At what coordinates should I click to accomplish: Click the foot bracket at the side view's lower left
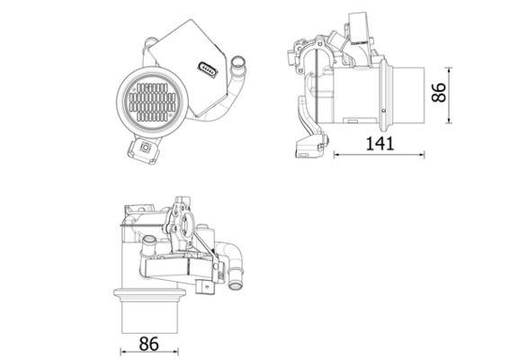[x=307, y=142]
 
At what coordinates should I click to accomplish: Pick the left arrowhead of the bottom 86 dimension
[x=122, y=352]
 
